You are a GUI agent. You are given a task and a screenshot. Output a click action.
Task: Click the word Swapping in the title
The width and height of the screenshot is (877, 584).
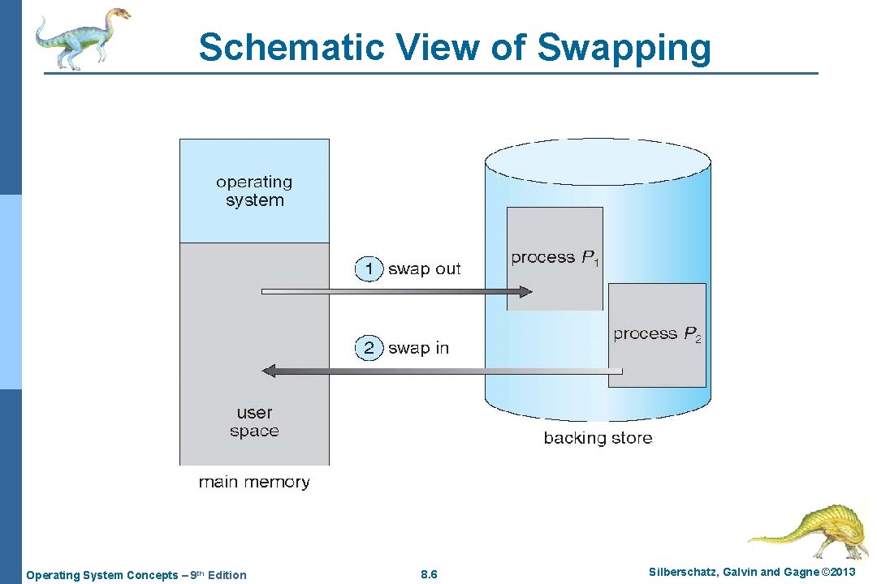pos(624,47)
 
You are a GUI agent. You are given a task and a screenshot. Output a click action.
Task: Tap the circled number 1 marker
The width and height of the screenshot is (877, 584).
pos(369,268)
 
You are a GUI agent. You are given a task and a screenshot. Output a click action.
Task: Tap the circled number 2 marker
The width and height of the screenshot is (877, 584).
pos(369,348)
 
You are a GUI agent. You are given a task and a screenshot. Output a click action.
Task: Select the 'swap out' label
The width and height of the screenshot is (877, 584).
pos(424,268)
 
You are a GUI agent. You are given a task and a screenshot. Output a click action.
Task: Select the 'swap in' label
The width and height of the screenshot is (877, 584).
pos(418,348)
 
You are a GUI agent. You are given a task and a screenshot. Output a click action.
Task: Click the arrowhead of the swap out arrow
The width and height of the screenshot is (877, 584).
pos(525,292)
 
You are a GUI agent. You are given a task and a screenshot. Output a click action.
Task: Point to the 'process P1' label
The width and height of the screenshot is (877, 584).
pos(555,258)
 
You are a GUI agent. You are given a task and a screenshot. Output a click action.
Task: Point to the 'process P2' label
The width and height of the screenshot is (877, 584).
pos(657,334)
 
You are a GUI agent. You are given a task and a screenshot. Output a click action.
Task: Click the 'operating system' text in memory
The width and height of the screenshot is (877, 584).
pos(254,191)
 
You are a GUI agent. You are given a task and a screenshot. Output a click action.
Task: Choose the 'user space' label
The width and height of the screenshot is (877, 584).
pos(254,422)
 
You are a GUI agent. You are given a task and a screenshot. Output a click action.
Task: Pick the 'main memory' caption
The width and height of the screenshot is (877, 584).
pos(254,482)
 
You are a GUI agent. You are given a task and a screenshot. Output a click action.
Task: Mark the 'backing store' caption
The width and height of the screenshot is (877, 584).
pos(598,438)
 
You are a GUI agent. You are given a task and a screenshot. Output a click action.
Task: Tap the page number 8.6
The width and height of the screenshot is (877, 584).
pos(430,575)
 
